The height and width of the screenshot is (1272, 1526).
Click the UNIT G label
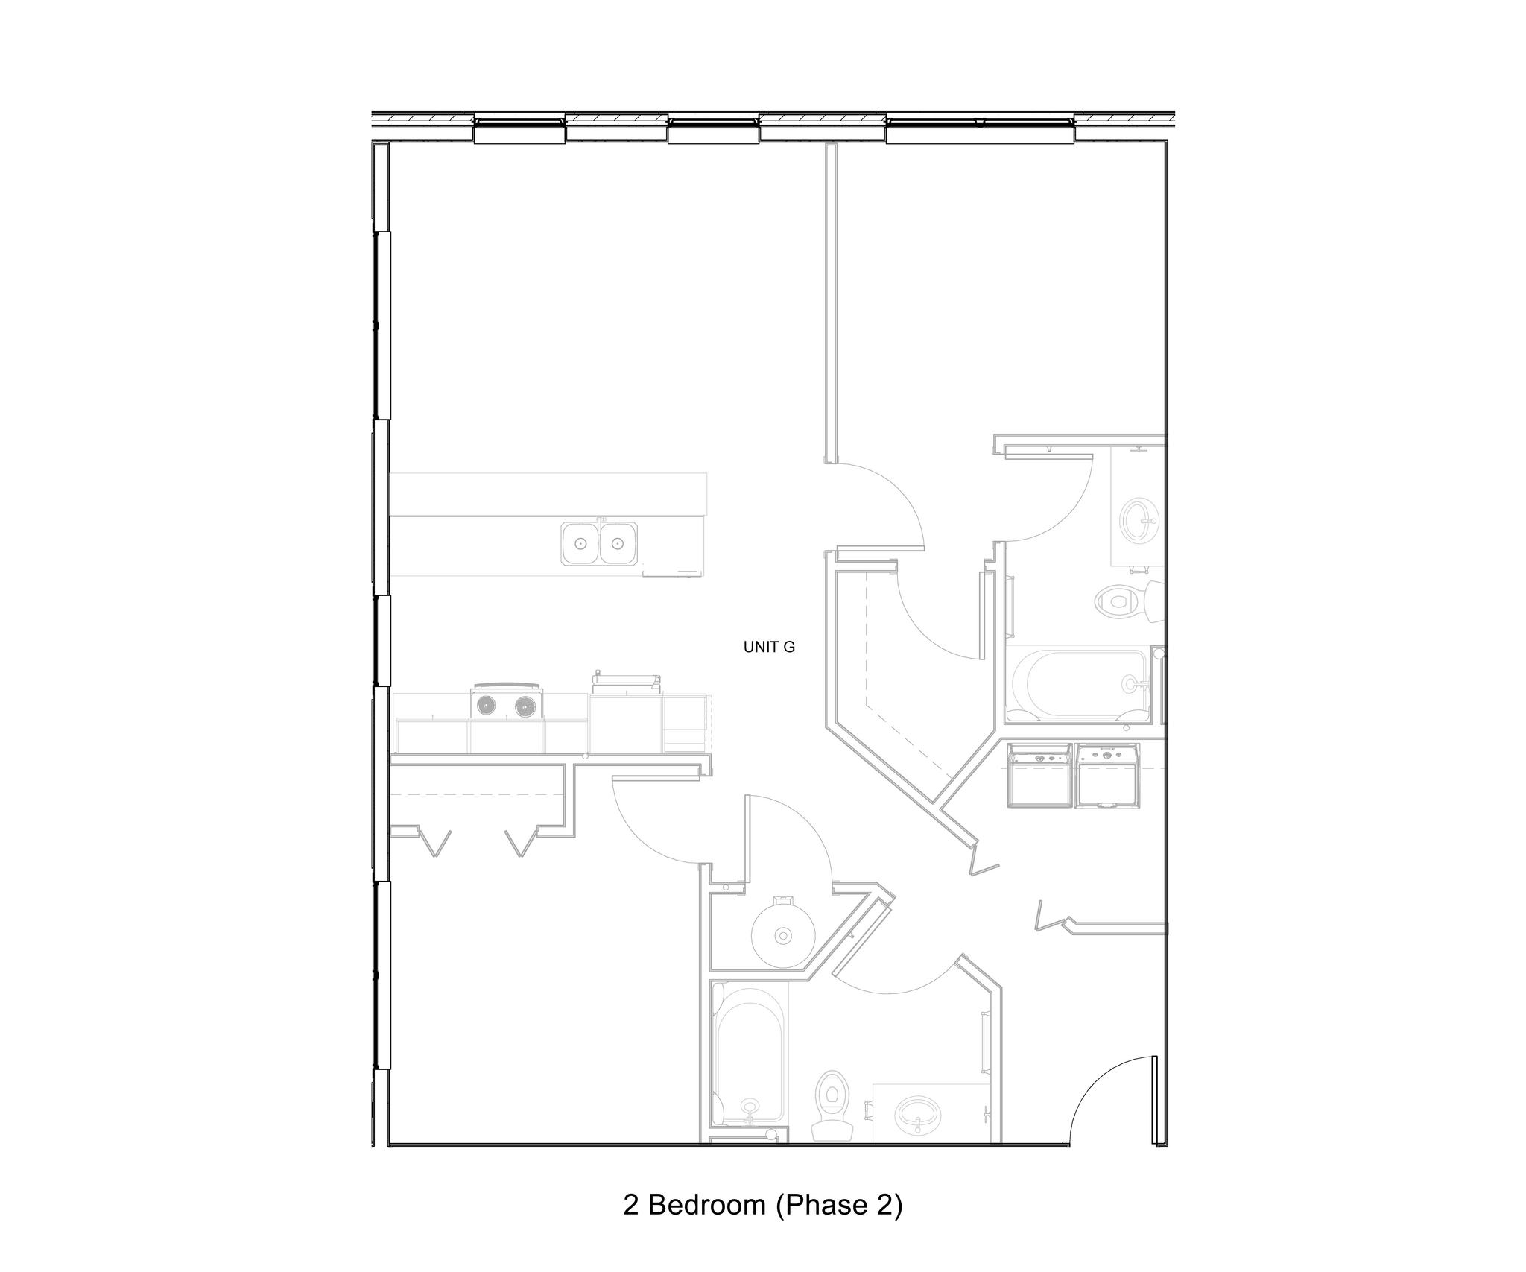pos(769,647)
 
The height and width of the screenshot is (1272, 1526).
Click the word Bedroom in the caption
pos(706,1205)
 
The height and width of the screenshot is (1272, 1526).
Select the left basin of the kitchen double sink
pos(580,542)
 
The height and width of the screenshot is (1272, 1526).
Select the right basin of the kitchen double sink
pos(618,542)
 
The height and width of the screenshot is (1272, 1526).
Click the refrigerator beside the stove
pos(626,719)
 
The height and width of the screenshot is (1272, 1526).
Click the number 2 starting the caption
pos(631,1205)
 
